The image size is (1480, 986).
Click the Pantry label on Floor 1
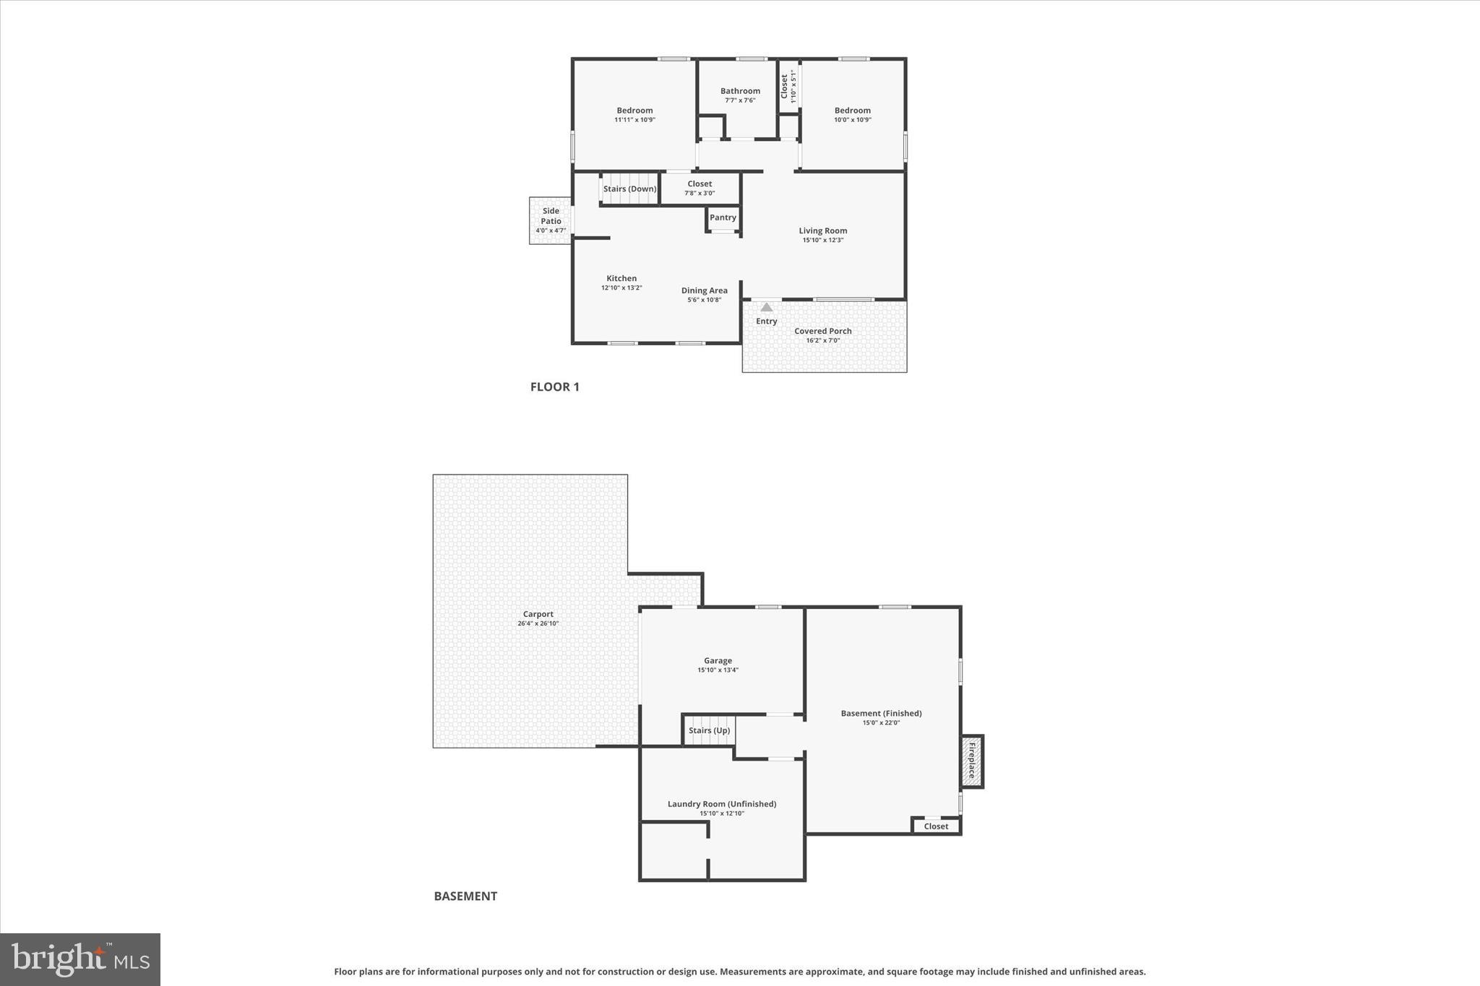point(723,217)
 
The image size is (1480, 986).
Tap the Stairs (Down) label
point(629,189)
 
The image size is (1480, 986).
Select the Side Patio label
point(551,216)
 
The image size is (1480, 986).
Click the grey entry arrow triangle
point(766,308)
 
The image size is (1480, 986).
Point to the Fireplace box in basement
point(972,761)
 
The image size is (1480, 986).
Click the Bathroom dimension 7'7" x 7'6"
point(740,100)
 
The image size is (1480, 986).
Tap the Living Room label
point(822,231)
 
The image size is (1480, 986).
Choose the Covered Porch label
point(822,331)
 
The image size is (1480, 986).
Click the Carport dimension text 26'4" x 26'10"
point(538,623)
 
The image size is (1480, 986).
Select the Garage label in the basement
point(718,660)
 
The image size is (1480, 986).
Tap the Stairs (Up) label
point(709,730)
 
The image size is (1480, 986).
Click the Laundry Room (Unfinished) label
point(721,804)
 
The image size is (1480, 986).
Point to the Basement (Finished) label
point(881,713)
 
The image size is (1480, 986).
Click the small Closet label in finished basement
point(936,826)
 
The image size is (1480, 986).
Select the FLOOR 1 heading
point(554,386)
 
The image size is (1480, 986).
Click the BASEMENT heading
point(465,896)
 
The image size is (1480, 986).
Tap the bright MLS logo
point(80,959)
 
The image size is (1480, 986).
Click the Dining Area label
point(704,290)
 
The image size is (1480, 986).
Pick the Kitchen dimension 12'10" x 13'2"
point(621,287)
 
